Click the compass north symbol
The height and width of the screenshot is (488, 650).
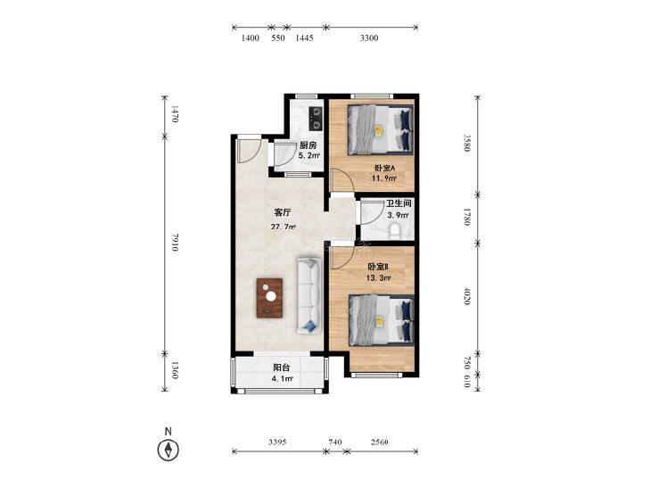pos(168,450)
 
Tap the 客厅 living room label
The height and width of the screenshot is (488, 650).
pos(283,212)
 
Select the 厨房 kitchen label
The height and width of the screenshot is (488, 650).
pos(308,145)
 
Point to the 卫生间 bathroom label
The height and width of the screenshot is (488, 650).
pos(399,203)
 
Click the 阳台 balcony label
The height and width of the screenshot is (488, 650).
pos(282,368)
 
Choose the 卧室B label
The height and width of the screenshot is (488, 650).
pos(378,266)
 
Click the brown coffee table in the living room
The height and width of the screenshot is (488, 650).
pos(269,298)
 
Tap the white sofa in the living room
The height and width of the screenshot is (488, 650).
pos(308,295)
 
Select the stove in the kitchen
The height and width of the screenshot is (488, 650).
pos(317,118)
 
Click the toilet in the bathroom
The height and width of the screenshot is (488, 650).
pos(395,232)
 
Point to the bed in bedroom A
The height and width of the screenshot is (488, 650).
pos(381,129)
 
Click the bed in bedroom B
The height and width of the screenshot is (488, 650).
pos(382,319)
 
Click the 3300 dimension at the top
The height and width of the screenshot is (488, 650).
pos(369,38)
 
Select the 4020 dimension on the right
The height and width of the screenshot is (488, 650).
pos(467,295)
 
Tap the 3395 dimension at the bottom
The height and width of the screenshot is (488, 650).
pos(277,442)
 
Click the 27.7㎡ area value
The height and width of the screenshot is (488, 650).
pos(284,227)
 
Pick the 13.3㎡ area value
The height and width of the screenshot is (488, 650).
pos(378,278)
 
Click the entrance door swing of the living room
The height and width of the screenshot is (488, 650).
pos(249,151)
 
